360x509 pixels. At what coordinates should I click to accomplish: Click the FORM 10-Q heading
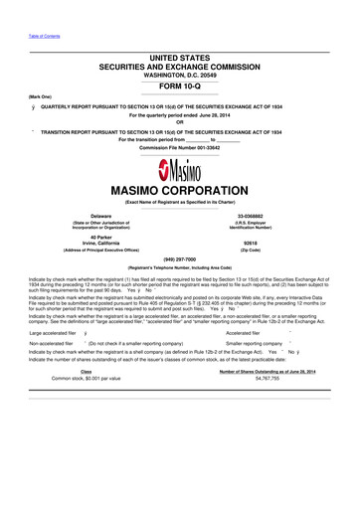point(179,83)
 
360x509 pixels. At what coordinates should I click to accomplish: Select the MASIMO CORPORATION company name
point(179,187)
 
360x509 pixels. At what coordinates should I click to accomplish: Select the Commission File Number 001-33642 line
point(179,148)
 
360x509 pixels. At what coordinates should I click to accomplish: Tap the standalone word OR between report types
point(179,122)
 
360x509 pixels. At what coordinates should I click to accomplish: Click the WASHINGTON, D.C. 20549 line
point(179,73)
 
